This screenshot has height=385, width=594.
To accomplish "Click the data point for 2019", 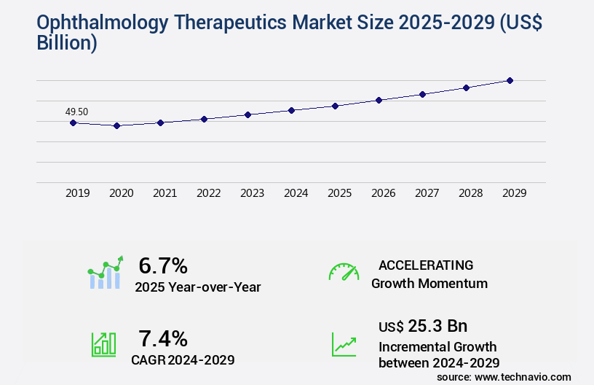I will point(73,122).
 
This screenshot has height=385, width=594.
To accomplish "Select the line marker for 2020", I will point(116,125).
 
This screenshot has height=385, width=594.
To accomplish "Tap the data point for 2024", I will point(291,110).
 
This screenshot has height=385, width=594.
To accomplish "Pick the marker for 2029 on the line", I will point(510,80).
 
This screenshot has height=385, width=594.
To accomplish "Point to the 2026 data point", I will point(379,100).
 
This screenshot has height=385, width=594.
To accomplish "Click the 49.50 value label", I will point(76,112).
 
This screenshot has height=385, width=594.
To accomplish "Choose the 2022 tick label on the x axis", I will point(208,193).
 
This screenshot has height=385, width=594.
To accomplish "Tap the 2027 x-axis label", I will point(427,193).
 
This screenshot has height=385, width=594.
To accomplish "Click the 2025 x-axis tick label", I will point(339,193).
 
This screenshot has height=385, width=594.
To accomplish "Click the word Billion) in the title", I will point(67,44).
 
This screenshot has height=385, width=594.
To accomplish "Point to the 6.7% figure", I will point(163,265).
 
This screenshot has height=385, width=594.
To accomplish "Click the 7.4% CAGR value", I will point(163,338).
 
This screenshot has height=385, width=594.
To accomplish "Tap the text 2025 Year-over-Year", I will point(197,287).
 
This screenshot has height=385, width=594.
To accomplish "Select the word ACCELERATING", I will point(426,265).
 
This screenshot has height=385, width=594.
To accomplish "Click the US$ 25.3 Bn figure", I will point(423,325).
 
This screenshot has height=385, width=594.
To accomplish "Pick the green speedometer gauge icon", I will point(344,272).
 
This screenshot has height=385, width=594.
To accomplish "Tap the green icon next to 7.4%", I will point(103,344).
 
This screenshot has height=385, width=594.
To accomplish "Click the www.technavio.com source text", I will point(522,376).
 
